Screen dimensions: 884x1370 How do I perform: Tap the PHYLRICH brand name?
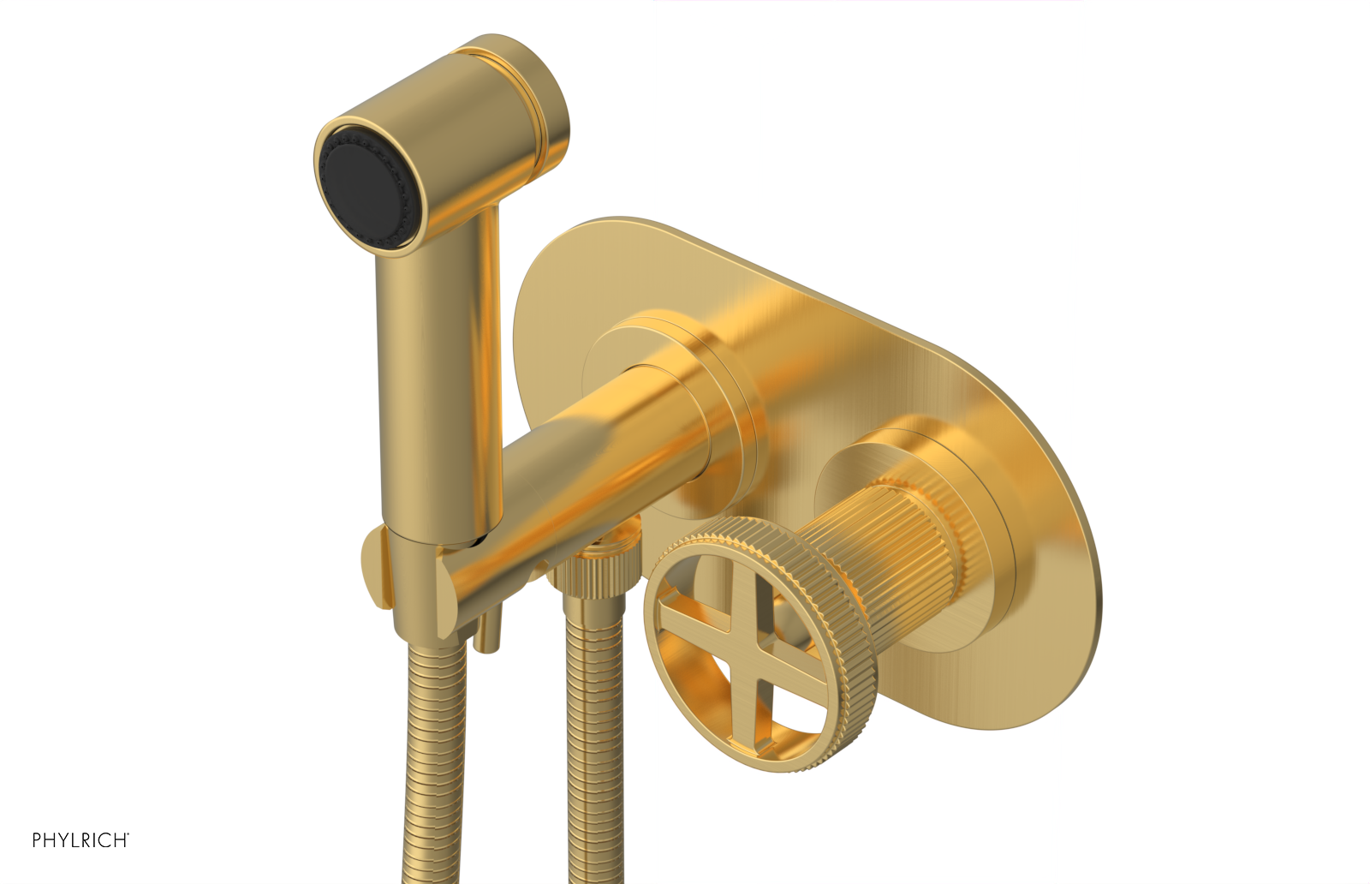tap(80, 840)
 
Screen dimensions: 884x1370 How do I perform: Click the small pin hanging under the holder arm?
tap(487, 634)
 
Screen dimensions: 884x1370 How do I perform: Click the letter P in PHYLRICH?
tap(37, 840)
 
